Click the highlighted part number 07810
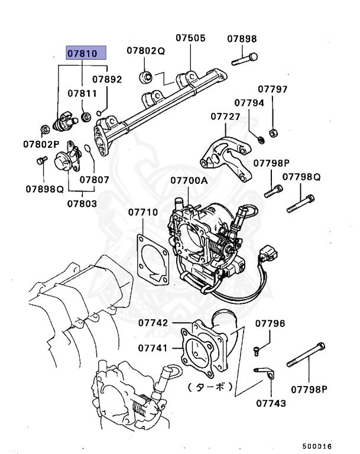pos(86,54)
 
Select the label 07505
pos(190,38)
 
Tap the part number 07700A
pos(189,180)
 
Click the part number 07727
pos(225,116)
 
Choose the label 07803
pos(82,203)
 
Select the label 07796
pos(270,323)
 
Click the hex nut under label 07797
pos(273,131)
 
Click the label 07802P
pos(41,144)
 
